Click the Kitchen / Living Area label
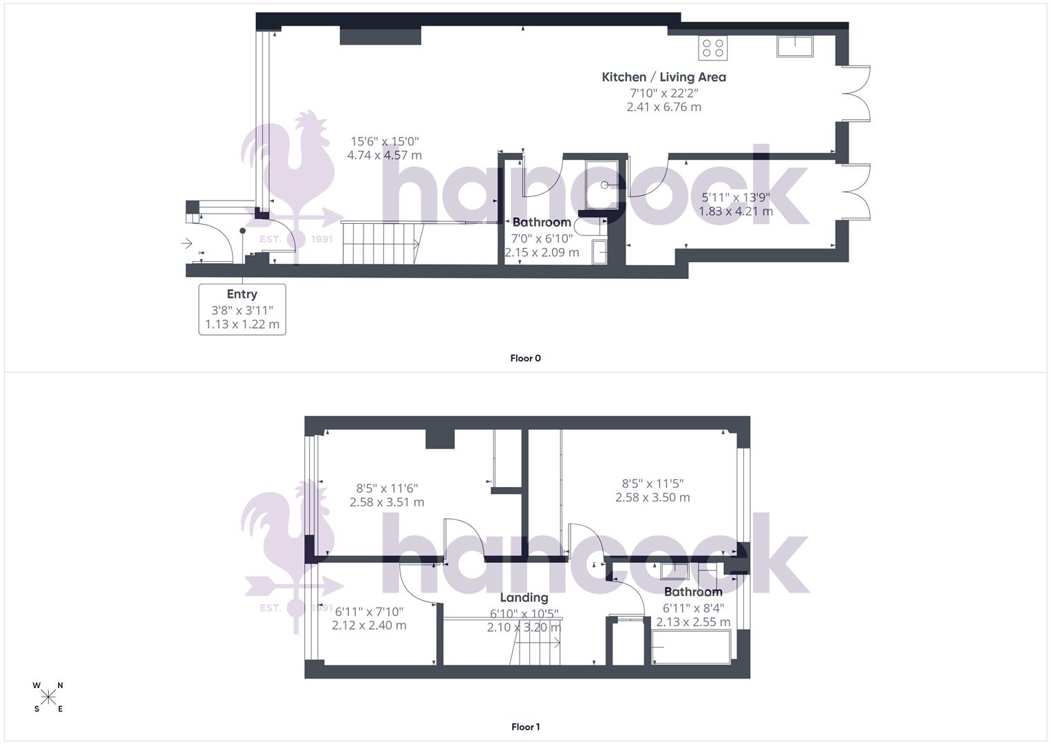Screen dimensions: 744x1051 tap(663, 77)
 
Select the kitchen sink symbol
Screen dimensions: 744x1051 tap(795, 46)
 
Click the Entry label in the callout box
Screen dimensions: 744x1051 tap(242, 294)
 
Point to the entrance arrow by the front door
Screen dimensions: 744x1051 tap(187, 243)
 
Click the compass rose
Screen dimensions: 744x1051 tap(48, 697)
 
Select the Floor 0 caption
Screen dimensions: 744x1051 tap(525, 358)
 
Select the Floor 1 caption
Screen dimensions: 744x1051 tap(525, 727)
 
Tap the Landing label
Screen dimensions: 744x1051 tap(524, 597)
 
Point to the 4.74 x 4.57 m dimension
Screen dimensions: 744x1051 tap(384, 156)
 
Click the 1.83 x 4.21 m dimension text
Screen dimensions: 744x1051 tap(735, 211)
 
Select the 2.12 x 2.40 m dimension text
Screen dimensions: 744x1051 tap(369, 626)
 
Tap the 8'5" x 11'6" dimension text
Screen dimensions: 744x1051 tap(386, 488)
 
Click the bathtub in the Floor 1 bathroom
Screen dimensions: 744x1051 tap(691, 650)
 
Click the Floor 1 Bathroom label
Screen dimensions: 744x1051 tap(693, 592)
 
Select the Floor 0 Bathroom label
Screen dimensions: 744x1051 tap(542, 223)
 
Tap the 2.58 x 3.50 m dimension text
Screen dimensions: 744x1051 tap(652, 497)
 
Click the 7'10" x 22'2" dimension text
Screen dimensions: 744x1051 tap(663, 93)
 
